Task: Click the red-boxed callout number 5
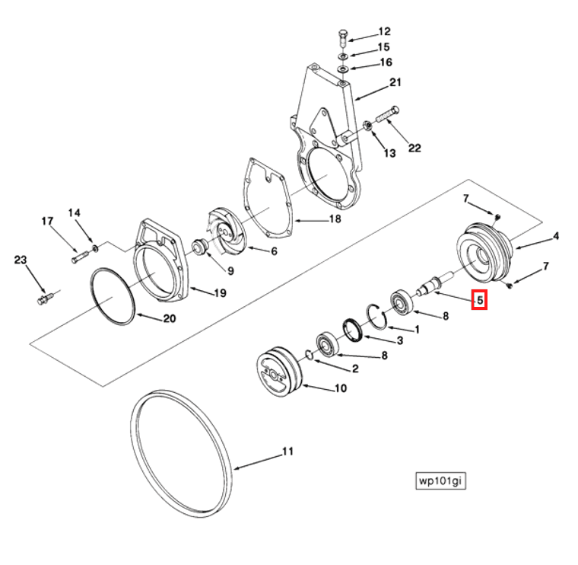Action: coord(479,300)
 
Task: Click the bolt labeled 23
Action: coord(44,298)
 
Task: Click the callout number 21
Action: coord(395,82)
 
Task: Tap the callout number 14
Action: coord(75,212)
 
